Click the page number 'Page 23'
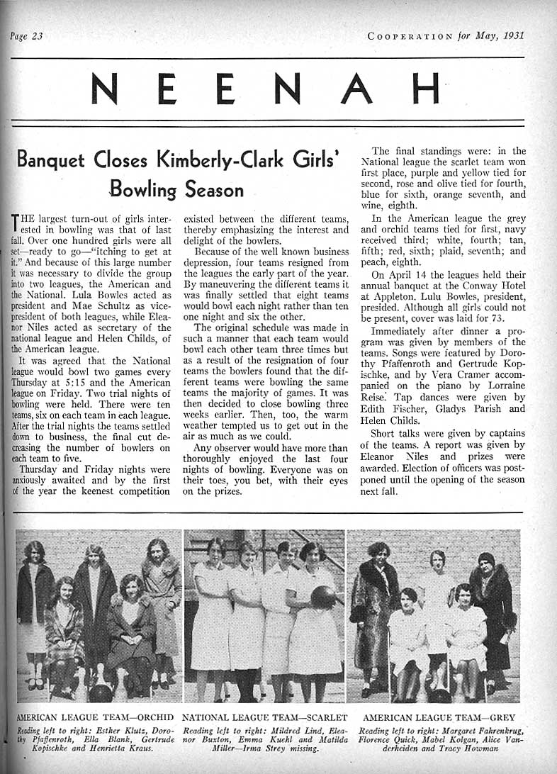[x=27, y=36]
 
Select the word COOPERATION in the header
[x=410, y=36]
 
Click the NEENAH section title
[x=266, y=89]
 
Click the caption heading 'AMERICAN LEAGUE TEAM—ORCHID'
[x=95, y=717]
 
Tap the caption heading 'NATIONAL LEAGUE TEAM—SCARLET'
[x=264, y=717]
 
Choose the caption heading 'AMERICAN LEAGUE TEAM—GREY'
[x=438, y=717]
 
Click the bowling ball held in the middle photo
[x=323, y=597]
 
